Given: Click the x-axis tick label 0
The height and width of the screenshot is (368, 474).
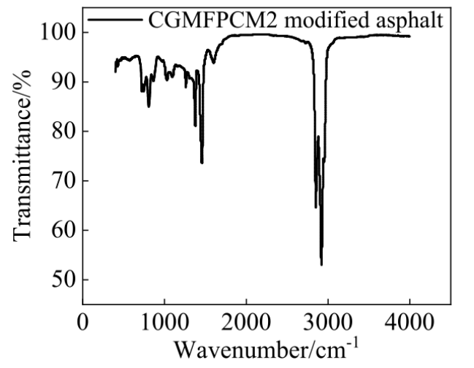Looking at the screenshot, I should click(x=83, y=321).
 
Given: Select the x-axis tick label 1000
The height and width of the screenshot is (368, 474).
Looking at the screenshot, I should click(x=164, y=321).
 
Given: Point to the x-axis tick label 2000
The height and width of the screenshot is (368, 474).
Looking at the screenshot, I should click(x=245, y=321).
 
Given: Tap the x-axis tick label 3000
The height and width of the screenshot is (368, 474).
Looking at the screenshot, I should click(x=327, y=321).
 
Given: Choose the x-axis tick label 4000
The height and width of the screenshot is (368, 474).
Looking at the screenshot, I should click(x=409, y=321).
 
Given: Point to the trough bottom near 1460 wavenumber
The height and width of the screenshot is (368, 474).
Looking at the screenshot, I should click(x=202, y=162).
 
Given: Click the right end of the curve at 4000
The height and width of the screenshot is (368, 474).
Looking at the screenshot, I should click(x=409, y=36).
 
